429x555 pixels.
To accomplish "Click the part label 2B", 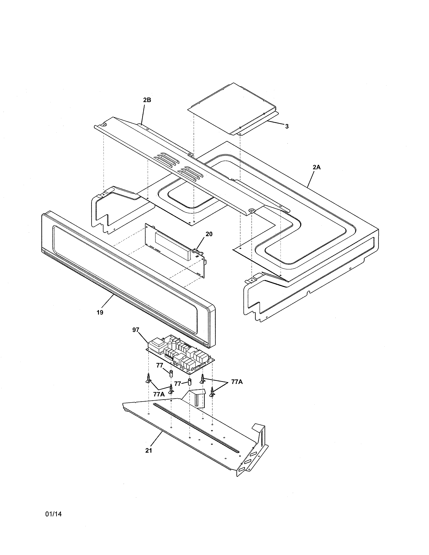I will pos(147,100).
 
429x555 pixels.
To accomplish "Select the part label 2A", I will pos(316,167).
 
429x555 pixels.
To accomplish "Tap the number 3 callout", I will pos(287,126).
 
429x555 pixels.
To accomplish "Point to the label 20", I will pos(209,234).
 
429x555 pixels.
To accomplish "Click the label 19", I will pos(100,312).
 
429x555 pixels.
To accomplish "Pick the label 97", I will pos(136,330).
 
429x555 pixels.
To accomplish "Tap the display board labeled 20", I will pos(175,252).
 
